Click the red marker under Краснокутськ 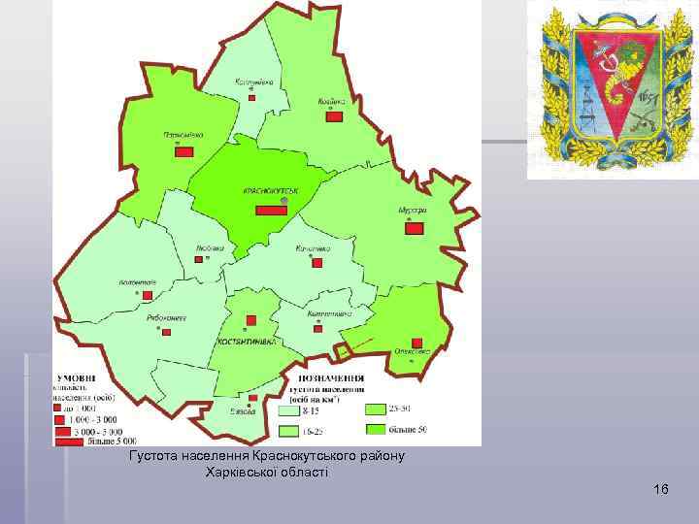click(x=271, y=210)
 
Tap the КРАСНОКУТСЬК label click(x=270, y=190)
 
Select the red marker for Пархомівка click(x=183, y=150)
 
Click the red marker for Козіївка click(x=334, y=116)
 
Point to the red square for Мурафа click(x=415, y=229)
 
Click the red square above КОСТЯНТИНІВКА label click(x=250, y=320)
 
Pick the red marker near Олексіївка click(x=416, y=343)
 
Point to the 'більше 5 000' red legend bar click(x=71, y=442)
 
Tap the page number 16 click(x=661, y=488)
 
